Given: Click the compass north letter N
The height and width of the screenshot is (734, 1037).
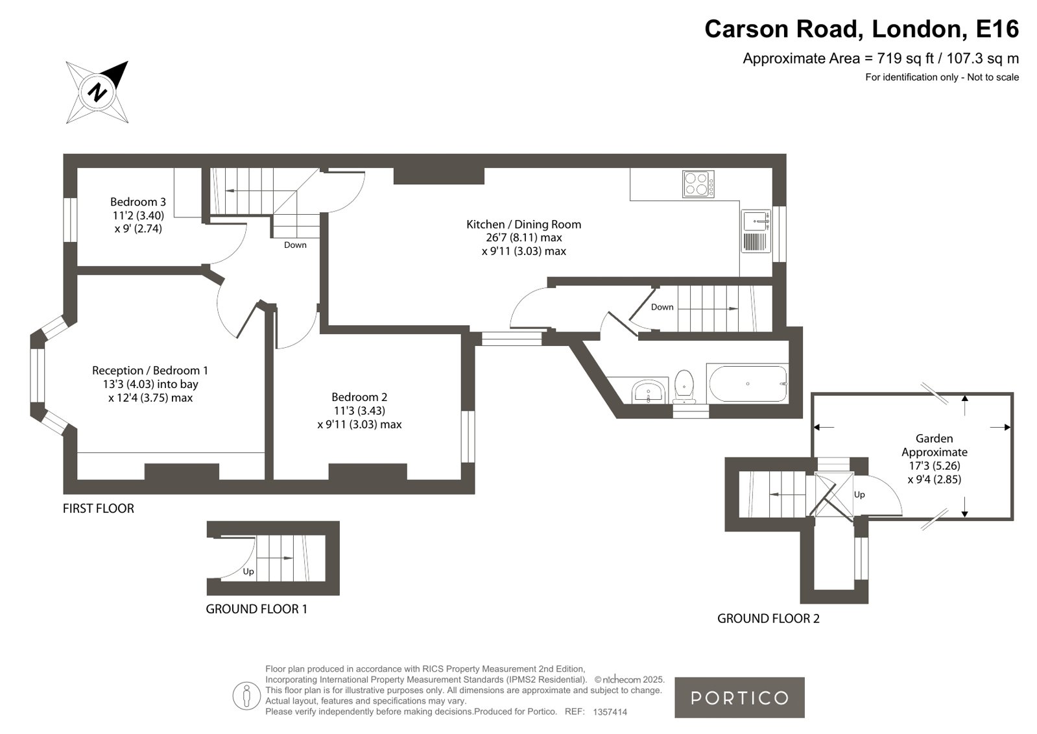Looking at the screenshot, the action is tap(98, 92).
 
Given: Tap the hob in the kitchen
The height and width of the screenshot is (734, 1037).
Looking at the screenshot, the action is tap(698, 184).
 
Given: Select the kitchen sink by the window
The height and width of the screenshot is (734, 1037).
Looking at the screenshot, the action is tap(756, 231).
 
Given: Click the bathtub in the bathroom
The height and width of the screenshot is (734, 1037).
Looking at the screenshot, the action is tap(747, 383).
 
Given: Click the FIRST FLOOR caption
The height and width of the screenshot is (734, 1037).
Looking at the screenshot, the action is tap(99, 508).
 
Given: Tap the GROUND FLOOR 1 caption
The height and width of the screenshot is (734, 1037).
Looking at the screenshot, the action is tap(256, 609).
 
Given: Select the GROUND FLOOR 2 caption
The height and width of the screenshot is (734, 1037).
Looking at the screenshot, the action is tap(769, 618).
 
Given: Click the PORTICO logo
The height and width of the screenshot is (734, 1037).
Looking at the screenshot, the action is tap(739, 698).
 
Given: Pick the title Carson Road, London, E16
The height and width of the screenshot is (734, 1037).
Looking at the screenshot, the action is tap(861, 29).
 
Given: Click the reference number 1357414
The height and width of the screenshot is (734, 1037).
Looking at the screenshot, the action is tap(610, 712).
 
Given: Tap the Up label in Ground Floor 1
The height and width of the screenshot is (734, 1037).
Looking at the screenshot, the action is tap(248, 572).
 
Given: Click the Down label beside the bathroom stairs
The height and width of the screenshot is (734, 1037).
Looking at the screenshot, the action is tap(662, 307).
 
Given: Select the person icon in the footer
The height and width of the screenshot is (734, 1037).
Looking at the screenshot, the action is tap(246, 696).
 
